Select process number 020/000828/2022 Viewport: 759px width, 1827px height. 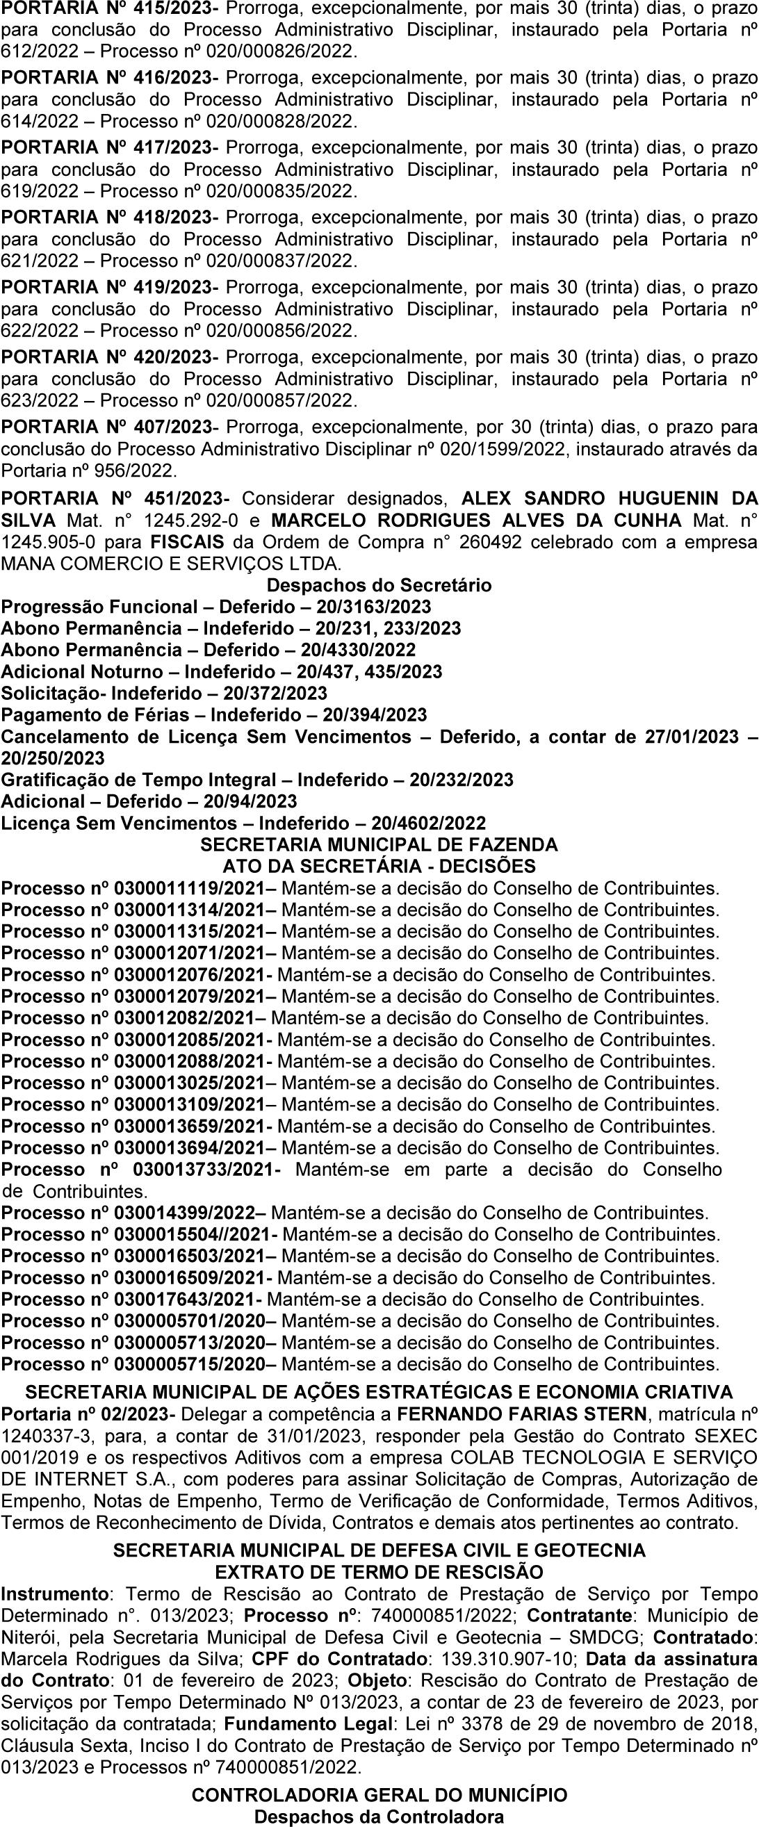(279, 122)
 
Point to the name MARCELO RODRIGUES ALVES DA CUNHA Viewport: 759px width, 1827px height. (476, 520)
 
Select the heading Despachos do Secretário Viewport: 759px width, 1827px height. (379, 585)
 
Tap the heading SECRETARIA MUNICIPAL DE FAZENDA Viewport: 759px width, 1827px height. (379, 845)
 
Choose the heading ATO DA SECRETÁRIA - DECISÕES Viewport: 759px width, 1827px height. (379, 866)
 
